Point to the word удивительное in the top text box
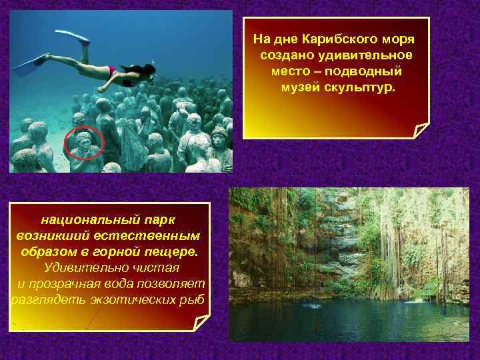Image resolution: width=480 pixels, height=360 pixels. (369, 55)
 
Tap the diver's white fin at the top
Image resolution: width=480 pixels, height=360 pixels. (74, 36)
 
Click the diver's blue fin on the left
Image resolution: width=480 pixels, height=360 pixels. (29, 64)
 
